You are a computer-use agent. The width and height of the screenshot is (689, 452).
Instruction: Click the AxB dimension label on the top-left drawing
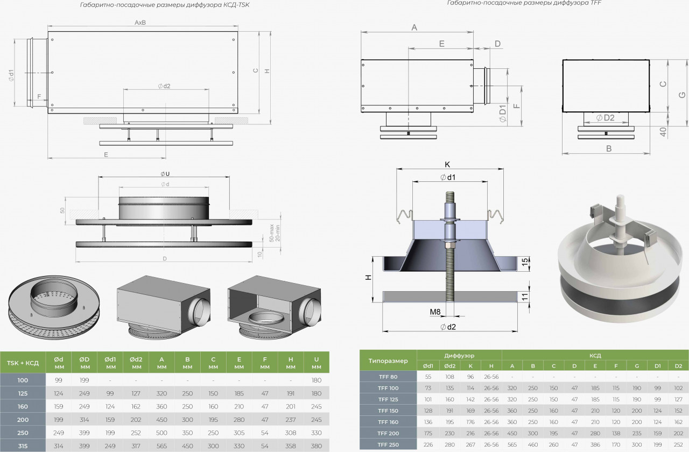point(141,23)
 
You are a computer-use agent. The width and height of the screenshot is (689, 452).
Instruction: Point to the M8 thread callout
point(435,311)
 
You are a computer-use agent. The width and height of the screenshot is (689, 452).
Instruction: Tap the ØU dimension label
point(165,173)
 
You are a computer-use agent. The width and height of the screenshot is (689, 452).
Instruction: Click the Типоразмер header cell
point(388,361)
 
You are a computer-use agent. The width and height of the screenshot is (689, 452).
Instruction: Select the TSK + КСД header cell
point(23,363)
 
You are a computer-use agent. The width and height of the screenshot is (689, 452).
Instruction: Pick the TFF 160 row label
point(388,422)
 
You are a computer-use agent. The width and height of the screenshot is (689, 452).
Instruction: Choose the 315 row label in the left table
point(23,447)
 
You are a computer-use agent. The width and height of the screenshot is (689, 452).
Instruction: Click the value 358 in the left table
point(291,447)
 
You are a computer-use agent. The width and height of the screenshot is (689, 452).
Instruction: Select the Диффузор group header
point(459,356)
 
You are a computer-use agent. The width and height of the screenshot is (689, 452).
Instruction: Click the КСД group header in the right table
point(595,356)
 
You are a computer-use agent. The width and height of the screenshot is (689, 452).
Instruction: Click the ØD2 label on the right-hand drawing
point(606,118)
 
